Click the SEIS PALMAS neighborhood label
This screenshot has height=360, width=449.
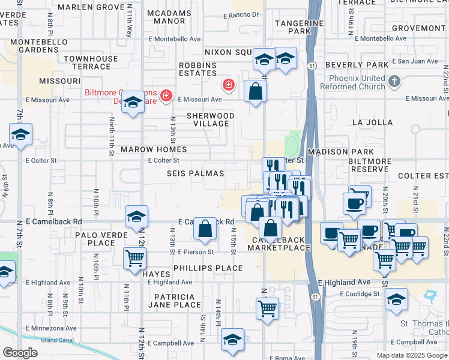coord(195,173)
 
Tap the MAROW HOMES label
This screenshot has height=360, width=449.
coord(154,149)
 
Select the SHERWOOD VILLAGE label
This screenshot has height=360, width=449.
coord(210,119)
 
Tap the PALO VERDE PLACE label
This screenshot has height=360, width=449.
coord(94,239)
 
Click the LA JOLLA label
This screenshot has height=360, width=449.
coord(372,122)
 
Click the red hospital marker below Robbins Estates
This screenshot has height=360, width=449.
coord(228,85)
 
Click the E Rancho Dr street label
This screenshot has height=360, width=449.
coord(241,15)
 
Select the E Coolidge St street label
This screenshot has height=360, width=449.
coord(360,294)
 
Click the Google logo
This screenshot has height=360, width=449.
coord(20,353)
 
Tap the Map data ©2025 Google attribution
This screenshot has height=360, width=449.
coord(411,355)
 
